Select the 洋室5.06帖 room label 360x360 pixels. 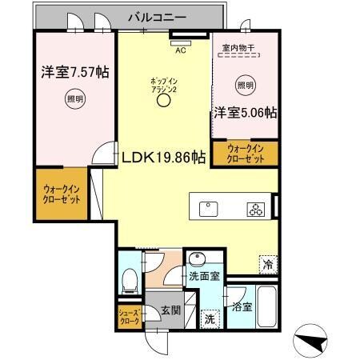click(x=245, y=113)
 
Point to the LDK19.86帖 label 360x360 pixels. click(x=164, y=158)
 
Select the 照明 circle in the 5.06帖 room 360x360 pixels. click(x=246, y=85)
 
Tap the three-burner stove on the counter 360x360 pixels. click(x=255, y=210)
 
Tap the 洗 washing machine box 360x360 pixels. click(x=209, y=318)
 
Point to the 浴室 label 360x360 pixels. click(x=242, y=306)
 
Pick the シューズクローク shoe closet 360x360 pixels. click(x=129, y=316)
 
